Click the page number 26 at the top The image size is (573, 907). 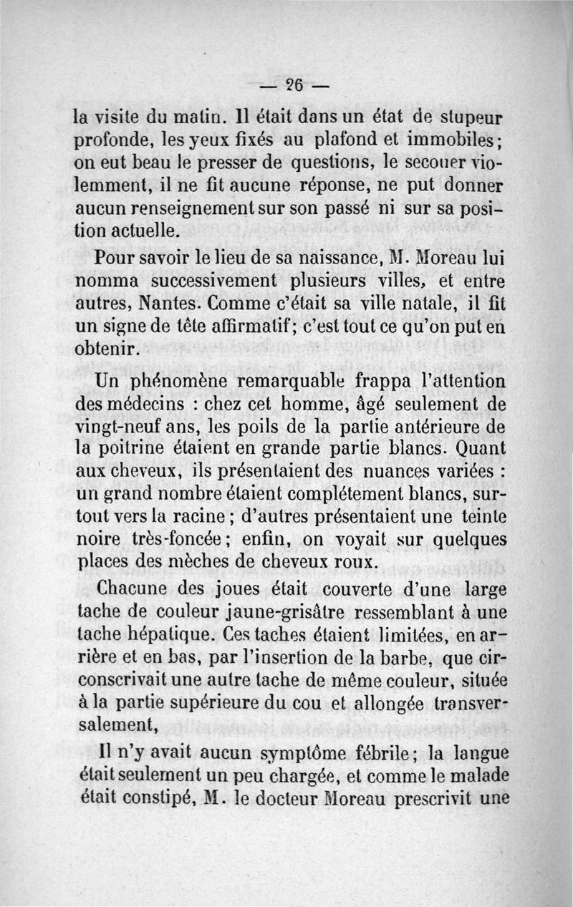(x=294, y=82)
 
